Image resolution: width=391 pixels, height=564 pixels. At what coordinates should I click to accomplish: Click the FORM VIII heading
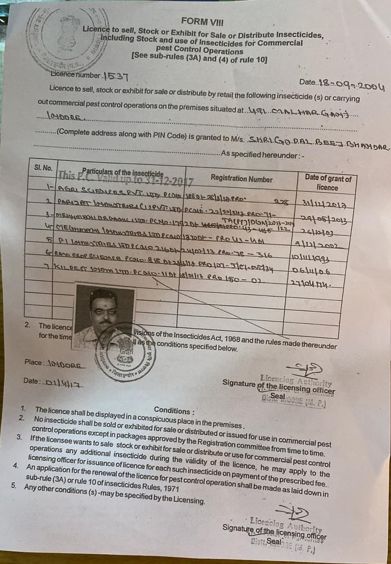pos(202,22)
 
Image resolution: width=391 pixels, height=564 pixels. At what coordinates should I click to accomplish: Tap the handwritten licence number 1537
pos(119,76)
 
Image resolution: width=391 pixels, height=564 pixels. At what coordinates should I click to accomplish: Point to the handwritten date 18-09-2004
pos(351,85)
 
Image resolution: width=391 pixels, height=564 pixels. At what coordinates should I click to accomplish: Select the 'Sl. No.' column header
pos(43,167)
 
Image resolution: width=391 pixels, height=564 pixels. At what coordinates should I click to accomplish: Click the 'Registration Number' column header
pos(242,178)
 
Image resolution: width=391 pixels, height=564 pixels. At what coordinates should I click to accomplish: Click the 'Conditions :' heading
pos(175,411)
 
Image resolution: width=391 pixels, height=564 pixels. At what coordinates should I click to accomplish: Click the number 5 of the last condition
pos(13,487)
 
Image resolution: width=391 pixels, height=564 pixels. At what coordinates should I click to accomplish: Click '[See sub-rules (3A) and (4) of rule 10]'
pos(199,57)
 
